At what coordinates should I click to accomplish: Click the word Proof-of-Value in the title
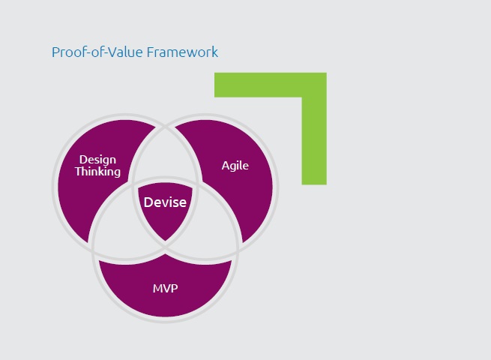coord(97,52)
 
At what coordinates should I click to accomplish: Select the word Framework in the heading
coord(183,52)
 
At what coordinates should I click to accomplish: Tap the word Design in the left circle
coord(97,160)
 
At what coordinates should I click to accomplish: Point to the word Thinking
coord(97,172)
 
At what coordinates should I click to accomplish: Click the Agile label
coord(235,166)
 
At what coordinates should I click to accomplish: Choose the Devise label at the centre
coord(165,202)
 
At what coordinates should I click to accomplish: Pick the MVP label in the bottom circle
coord(166,288)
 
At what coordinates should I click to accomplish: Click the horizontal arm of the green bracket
coord(271,85)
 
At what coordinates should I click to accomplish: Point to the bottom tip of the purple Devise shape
coord(165,241)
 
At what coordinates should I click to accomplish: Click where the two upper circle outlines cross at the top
coord(166,127)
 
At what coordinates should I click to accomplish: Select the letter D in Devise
coord(148,202)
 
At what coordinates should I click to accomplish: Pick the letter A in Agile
coord(226,166)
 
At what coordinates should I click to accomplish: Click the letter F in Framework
coord(151,52)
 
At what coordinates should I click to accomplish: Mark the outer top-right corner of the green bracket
coord(327,73)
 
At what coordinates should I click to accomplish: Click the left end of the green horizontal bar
coord(215,85)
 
